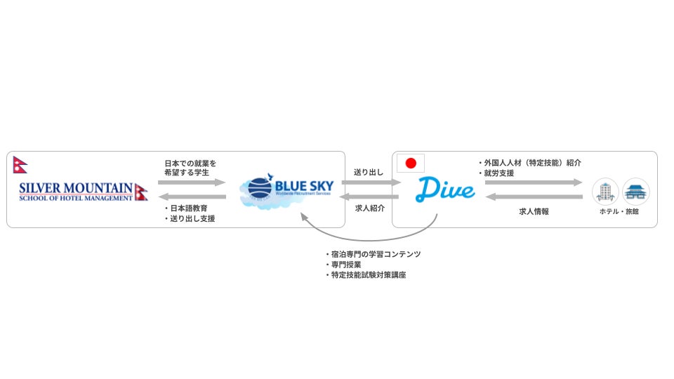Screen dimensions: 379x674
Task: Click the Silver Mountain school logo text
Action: [x=76, y=192]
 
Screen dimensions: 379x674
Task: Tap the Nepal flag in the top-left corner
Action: [x=19, y=166]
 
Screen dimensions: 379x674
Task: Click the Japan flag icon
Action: [x=411, y=164]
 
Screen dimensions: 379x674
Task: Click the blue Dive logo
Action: [x=445, y=189]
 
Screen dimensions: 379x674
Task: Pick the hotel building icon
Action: [x=604, y=191]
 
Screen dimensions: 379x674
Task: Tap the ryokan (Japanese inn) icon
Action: [x=636, y=191]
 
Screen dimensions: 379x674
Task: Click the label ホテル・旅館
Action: [x=621, y=211]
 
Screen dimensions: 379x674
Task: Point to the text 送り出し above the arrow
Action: [x=369, y=171]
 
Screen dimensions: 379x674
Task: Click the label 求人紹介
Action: [x=369, y=208]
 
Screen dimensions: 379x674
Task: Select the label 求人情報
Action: [x=534, y=211]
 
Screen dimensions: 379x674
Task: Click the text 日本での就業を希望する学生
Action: [x=186, y=168]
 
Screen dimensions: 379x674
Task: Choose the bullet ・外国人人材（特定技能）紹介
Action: [x=529, y=163]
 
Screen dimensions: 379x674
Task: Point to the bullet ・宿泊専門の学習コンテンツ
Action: [x=372, y=254]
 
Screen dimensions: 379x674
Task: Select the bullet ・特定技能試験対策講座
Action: [x=365, y=275]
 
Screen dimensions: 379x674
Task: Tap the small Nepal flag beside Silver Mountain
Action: [x=141, y=192]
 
